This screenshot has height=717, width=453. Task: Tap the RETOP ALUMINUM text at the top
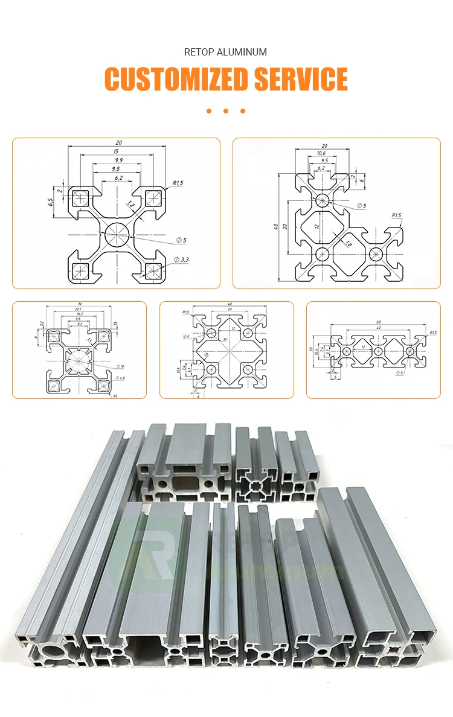pyautogui.click(x=225, y=53)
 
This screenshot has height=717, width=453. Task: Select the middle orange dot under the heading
pyautogui.click(x=226, y=111)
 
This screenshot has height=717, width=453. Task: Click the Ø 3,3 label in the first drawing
pyautogui.click(x=180, y=259)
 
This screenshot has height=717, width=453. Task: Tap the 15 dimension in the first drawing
pyautogui.click(x=115, y=151)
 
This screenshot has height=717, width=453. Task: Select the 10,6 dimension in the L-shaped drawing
pyautogui.click(x=321, y=153)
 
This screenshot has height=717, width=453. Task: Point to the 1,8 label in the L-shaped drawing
pyautogui.click(x=349, y=243)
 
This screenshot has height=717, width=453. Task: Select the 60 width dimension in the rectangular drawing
pyautogui.click(x=378, y=322)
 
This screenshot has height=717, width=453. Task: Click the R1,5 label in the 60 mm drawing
pyautogui.click(x=432, y=333)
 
